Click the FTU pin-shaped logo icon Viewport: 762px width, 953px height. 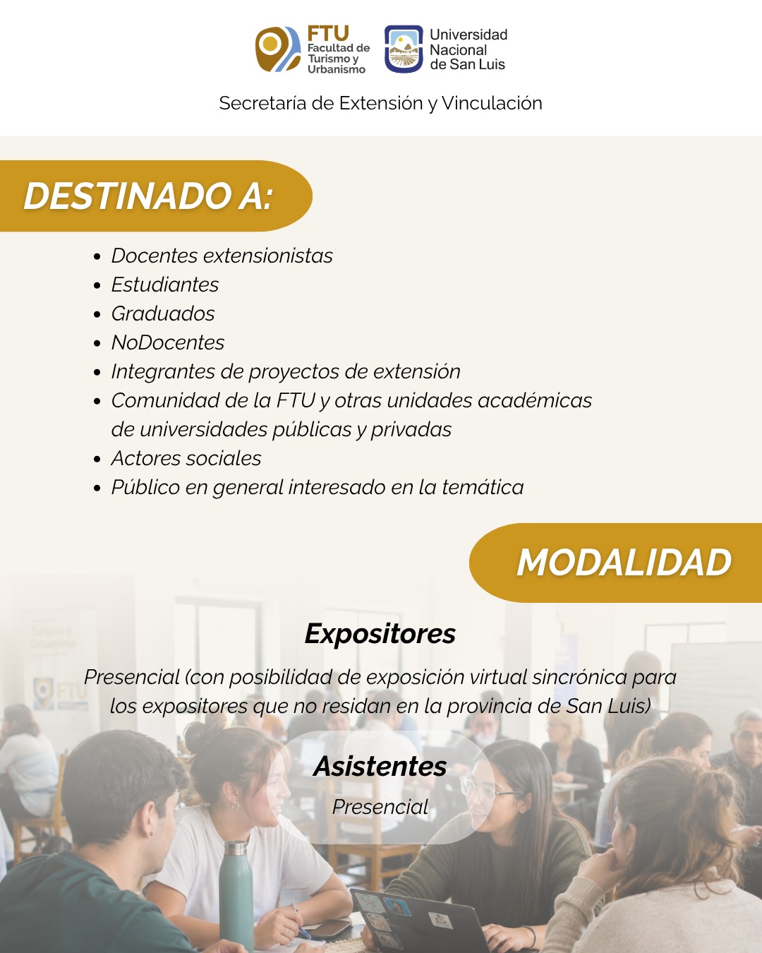277,49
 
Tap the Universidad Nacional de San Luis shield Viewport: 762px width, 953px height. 404,49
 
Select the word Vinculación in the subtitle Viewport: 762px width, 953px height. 492,103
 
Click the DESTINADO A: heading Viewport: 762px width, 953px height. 148,196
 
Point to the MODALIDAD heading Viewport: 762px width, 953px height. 624,563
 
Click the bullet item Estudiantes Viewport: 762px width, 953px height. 164,284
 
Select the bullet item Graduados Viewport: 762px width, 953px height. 163,313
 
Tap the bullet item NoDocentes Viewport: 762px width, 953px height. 168,342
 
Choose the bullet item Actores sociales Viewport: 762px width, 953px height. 186,458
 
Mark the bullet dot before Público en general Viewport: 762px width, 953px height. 97,489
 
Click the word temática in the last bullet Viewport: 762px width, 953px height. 483,487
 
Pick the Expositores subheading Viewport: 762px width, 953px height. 380,634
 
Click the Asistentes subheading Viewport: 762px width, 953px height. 380,766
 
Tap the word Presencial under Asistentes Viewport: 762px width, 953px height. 380,807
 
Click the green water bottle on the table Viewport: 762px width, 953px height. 236,894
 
